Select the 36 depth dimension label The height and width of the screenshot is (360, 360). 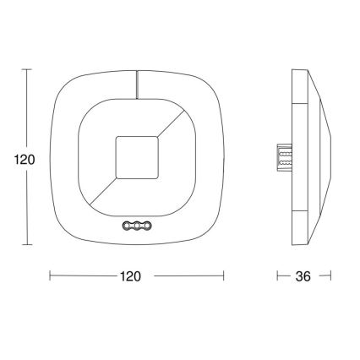click(x=303, y=276)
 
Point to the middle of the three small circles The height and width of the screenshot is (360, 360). click(x=135, y=226)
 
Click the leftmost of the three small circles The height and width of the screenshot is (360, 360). click(x=127, y=226)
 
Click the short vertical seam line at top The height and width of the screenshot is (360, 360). click(x=135, y=83)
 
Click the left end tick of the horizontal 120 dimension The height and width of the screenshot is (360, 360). click(x=51, y=275)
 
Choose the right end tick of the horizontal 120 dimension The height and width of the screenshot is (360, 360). click(x=223, y=275)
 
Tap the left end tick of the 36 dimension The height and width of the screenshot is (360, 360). click(x=279, y=275)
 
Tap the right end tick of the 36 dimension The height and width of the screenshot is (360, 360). click(x=330, y=275)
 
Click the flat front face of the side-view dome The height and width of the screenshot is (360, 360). click(x=329, y=156)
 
